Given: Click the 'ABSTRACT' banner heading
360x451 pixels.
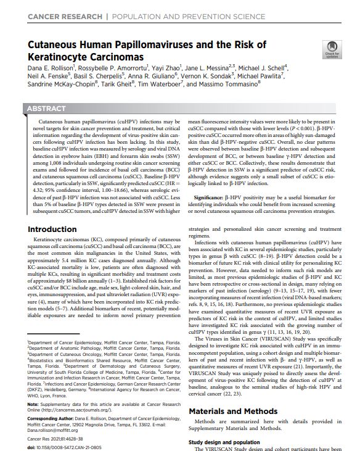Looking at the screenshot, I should tap(47, 109).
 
